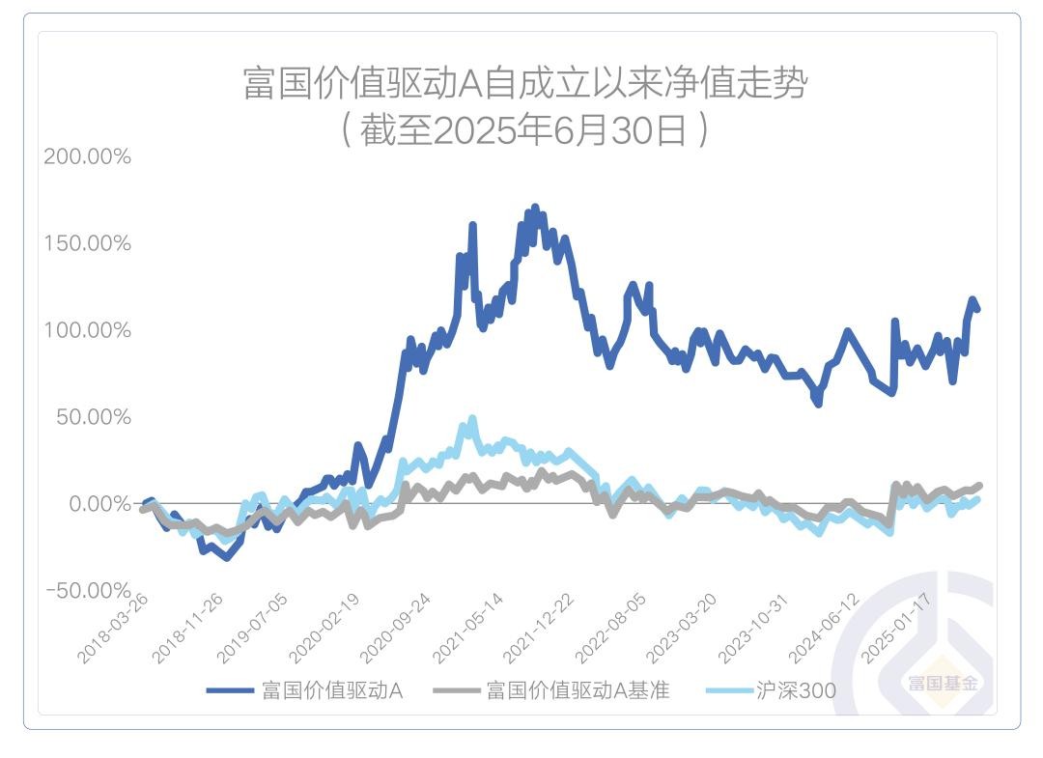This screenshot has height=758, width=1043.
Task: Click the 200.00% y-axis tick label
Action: (87, 156)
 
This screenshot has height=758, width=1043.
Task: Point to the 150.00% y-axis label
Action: (87, 243)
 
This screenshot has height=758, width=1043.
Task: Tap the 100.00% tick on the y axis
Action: (87, 330)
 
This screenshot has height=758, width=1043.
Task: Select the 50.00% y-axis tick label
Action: (92, 417)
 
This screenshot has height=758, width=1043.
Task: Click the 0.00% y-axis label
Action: (97, 504)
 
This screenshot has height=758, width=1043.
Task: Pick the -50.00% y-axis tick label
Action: (87, 590)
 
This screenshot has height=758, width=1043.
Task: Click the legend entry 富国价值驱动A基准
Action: (578, 691)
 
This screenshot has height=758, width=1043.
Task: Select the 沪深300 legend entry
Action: (796, 691)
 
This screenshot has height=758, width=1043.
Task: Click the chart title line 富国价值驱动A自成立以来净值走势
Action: (524, 84)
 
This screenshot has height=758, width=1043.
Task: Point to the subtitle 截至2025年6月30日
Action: (524, 130)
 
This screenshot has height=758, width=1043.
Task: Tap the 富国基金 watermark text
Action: (942, 684)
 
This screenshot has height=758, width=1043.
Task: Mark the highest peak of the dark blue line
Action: (535, 207)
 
